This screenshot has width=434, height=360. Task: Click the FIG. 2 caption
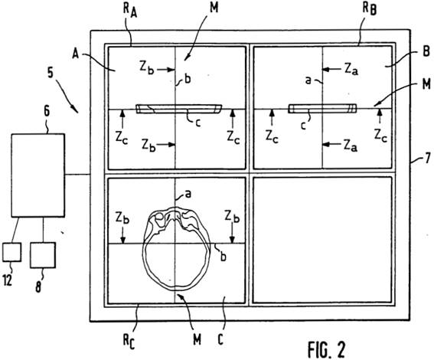(x=327, y=349)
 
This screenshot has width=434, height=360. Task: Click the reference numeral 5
(x=51, y=72)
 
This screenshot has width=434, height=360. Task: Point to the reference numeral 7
(x=428, y=159)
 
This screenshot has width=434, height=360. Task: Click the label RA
(x=129, y=11)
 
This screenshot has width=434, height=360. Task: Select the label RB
(x=369, y=11)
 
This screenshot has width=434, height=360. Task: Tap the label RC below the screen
(x=129, y=342)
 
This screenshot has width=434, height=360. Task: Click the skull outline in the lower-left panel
(x=144, y=249)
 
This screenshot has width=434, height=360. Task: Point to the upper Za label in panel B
(x=351, y=70)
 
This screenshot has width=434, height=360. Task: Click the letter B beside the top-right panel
(x=426, y=51)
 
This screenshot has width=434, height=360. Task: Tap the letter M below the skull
(x=197, y=339)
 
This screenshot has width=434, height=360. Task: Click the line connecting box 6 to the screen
(x=78, y=174)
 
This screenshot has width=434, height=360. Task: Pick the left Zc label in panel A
(x=122, y=138)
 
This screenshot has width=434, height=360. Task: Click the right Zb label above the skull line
(x=232, y=217)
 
